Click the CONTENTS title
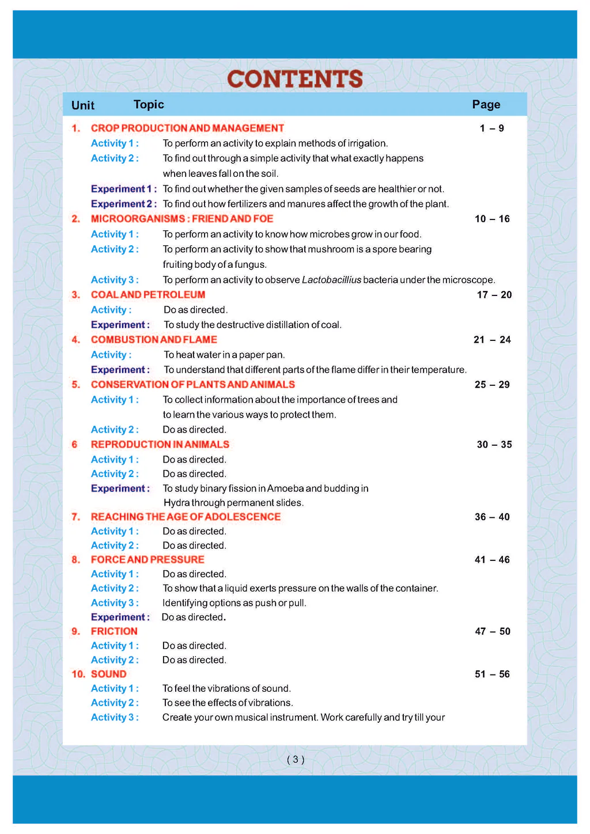[295, 79]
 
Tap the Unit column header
[83, 105]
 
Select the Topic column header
[149, 104]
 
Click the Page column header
[486, 104]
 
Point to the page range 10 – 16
[492, 219]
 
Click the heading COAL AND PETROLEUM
[147, 294]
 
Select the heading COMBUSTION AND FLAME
[154, 339]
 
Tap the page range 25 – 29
[492, 384]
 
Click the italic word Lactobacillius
[331, 280]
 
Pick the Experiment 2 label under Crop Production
[123, 204]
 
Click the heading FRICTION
[114, 631]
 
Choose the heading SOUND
[108, 674]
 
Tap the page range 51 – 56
[492, 674]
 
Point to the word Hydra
[176, 503]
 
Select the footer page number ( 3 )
[295, 759]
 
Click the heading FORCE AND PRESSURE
[147, 559]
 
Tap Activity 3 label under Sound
[115, 717]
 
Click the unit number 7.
[75, 517]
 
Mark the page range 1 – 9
[491, 128]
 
